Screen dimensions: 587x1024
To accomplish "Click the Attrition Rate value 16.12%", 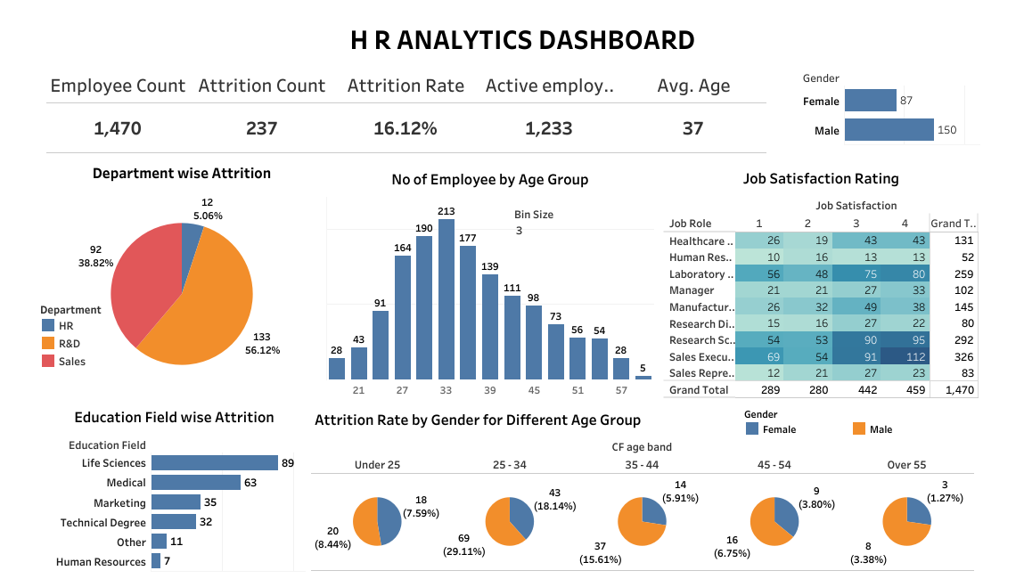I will (405, 128).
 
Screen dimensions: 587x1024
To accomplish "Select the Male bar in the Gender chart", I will (889, 130).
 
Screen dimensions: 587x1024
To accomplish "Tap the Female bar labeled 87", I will (870, 101).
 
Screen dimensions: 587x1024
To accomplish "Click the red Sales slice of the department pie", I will (143, 276).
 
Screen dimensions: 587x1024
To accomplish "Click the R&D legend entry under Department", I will (70, 343).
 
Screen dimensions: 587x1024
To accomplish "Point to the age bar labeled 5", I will (643, 378).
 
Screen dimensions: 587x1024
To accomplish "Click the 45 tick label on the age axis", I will (533, 390).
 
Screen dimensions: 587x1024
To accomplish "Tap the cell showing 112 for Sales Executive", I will (905, 356).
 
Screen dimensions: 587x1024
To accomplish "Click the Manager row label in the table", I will (692, 290).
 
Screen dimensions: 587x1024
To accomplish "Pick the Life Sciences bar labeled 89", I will (214, 462).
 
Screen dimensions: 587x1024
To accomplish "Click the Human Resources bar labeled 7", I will (156, 561).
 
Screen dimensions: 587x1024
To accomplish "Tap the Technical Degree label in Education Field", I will (102, 523).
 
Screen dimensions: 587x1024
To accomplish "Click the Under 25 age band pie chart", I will (377, 521).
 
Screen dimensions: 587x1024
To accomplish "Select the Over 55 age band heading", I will (905, 465).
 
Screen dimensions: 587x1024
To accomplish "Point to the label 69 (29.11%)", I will (464, 545).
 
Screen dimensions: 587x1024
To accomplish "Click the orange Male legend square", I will (859, 428).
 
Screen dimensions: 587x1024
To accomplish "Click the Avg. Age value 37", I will (692, 128).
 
